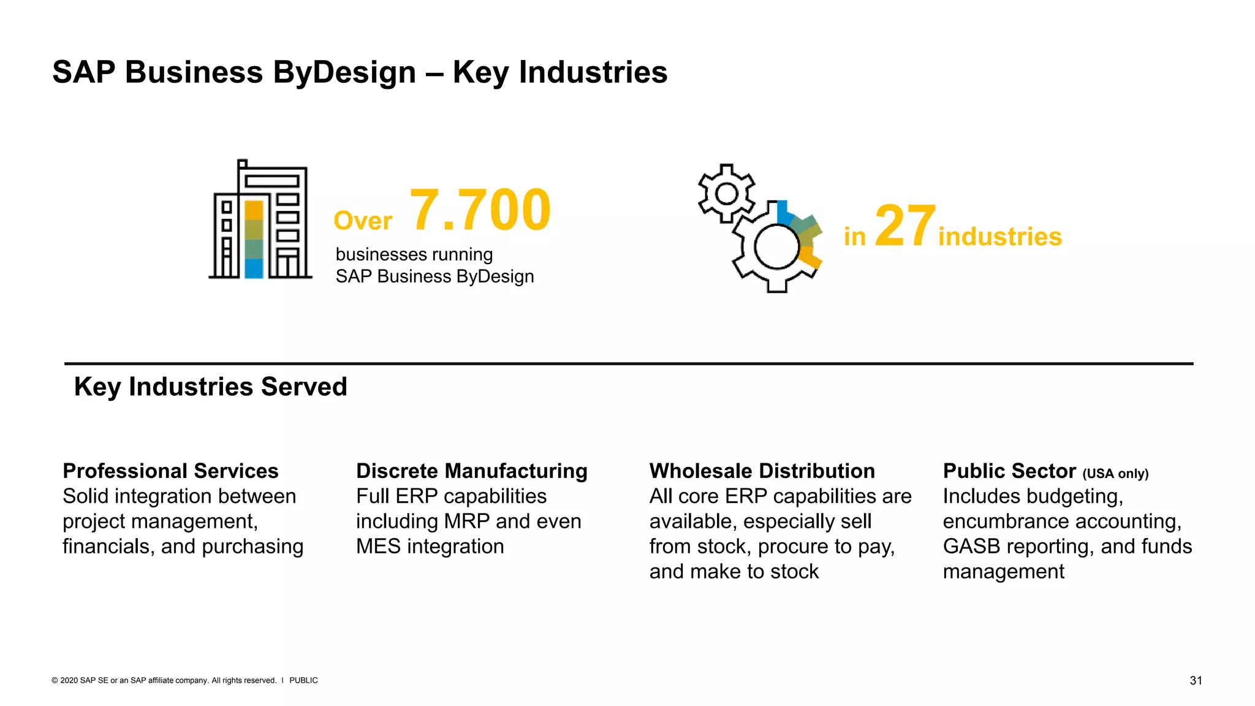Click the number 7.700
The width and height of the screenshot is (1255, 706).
coord(480,210)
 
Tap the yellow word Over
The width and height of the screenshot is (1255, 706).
coord(363,221)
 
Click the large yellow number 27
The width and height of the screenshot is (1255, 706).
coord(904,227)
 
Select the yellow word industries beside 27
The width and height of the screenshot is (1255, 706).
coord(999,237)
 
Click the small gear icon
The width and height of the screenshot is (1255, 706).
coord(727,194)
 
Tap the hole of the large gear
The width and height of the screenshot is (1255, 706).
coord(776,247)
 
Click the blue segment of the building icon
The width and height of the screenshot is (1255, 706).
coord(254,268)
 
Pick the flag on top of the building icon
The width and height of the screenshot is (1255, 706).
coord(243,164)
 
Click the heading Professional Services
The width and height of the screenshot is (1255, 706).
coord(170,471)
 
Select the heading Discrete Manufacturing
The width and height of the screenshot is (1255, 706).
coord(471,471)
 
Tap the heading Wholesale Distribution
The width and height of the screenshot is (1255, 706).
coord(762,471)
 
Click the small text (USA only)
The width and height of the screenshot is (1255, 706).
coord(1115,474)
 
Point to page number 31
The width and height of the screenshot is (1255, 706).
coord(1196,680)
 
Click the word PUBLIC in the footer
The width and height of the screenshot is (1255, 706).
coord(303,680)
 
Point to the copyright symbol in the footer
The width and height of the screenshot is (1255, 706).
coord(55,680)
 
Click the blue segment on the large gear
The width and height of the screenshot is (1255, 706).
coord(783,211)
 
